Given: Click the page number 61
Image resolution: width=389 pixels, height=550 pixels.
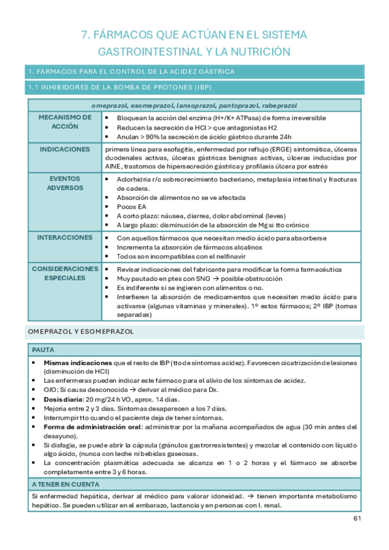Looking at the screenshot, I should (x=357, y=518).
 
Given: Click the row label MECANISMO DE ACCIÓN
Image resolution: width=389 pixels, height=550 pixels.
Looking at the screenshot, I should (x=65, y=122).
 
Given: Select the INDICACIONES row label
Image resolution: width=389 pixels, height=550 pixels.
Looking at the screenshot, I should (x=65, y=149).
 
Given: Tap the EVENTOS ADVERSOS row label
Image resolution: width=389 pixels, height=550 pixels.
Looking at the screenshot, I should (x=65, y=183).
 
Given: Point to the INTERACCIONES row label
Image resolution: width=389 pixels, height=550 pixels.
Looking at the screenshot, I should (x=65, y=238).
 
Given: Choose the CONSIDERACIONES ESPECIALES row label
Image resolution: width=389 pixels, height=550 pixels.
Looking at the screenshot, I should (x=65, y=273).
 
